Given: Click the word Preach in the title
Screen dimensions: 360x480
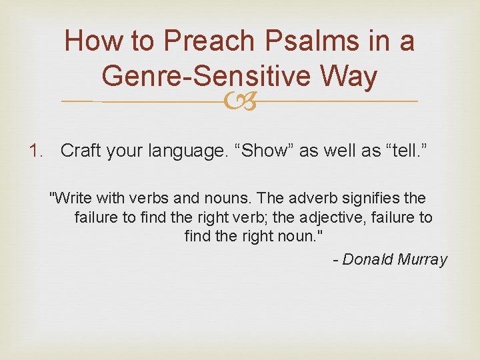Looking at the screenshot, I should (210, 41).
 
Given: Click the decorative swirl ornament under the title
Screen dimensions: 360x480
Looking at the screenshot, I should (239, 101).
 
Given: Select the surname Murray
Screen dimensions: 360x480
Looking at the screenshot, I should (423, 260).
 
